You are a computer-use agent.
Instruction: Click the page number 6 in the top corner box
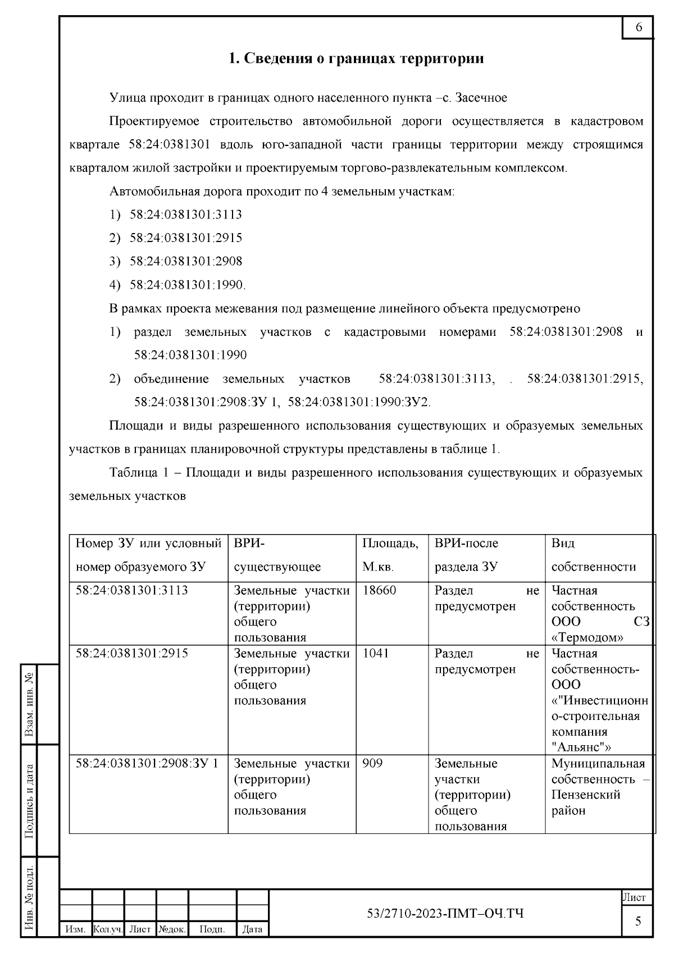(639, 28)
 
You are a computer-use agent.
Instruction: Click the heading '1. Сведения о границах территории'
(356, 58)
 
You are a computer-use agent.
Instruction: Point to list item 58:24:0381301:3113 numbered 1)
(185, 215)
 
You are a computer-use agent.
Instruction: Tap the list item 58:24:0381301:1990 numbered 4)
(187, 285)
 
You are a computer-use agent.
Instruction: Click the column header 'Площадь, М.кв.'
(390, 555)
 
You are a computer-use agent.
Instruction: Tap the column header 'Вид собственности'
(593, 555)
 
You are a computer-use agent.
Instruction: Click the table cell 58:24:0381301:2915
(131, 653)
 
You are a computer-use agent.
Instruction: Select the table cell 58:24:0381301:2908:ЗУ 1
(147, 763)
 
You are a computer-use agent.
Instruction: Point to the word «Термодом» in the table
(588, 637)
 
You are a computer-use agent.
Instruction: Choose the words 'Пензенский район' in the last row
(585, 802)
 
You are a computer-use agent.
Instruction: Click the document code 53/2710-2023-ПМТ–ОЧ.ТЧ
(445, 914)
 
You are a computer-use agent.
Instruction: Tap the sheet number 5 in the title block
(637, 922)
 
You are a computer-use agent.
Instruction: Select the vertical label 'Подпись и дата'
(30, 801)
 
